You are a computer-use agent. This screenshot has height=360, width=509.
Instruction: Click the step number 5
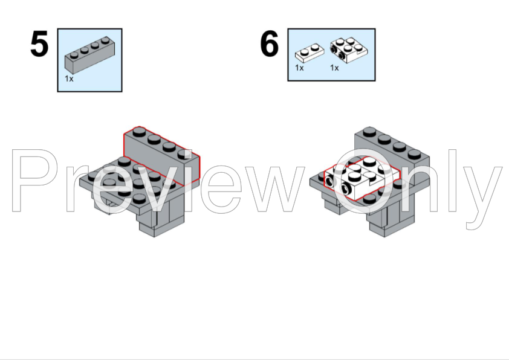click(39, 43)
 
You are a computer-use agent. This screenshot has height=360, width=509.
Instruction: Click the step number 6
click(270, 43)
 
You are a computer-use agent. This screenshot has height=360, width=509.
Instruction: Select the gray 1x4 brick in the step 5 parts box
click(89, 55)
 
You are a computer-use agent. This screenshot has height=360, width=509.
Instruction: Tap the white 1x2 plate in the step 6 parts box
click(310, 53)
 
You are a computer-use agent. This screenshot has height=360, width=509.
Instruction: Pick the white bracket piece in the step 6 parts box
click(349, 51)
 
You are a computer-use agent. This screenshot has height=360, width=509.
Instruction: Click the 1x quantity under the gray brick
click(69, 79)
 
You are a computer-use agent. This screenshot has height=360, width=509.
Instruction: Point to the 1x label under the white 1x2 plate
click(299, 68)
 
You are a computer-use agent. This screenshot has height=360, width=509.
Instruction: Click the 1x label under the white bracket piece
click(334, 68)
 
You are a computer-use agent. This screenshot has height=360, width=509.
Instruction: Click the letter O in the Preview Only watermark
click(363, 181)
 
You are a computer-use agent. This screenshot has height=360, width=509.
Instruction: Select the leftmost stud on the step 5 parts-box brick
click(74, 55)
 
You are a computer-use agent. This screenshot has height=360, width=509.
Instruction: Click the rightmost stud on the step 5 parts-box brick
click(105, 40)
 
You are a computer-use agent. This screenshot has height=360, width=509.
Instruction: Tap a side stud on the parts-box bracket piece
click(334, 50)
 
